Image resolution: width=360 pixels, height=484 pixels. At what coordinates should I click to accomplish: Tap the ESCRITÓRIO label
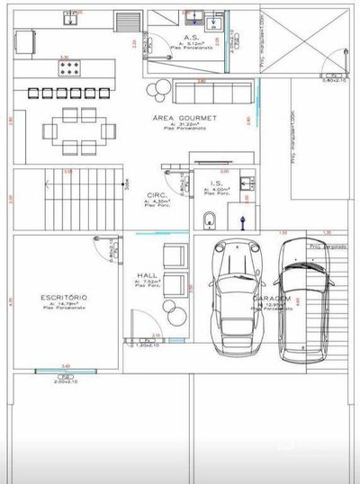pos(63,296)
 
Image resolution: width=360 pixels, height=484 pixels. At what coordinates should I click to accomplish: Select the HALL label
pos(148,275)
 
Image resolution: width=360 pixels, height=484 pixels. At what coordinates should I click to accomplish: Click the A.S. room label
pos(165,38)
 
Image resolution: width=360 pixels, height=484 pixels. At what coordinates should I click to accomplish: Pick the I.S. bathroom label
pos(217,183)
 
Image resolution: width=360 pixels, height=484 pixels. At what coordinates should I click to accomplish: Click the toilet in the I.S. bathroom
pos(210,218)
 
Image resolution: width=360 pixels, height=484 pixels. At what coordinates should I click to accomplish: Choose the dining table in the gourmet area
pos(82,125)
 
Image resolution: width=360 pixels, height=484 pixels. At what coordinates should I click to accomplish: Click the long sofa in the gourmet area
pos(212,93)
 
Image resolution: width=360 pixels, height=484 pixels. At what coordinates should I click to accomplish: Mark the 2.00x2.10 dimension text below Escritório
pos(67,381)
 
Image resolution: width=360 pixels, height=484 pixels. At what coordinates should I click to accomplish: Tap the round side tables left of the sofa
pos(160,92)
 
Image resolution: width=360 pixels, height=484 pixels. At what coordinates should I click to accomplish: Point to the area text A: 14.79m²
pos(63,304)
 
